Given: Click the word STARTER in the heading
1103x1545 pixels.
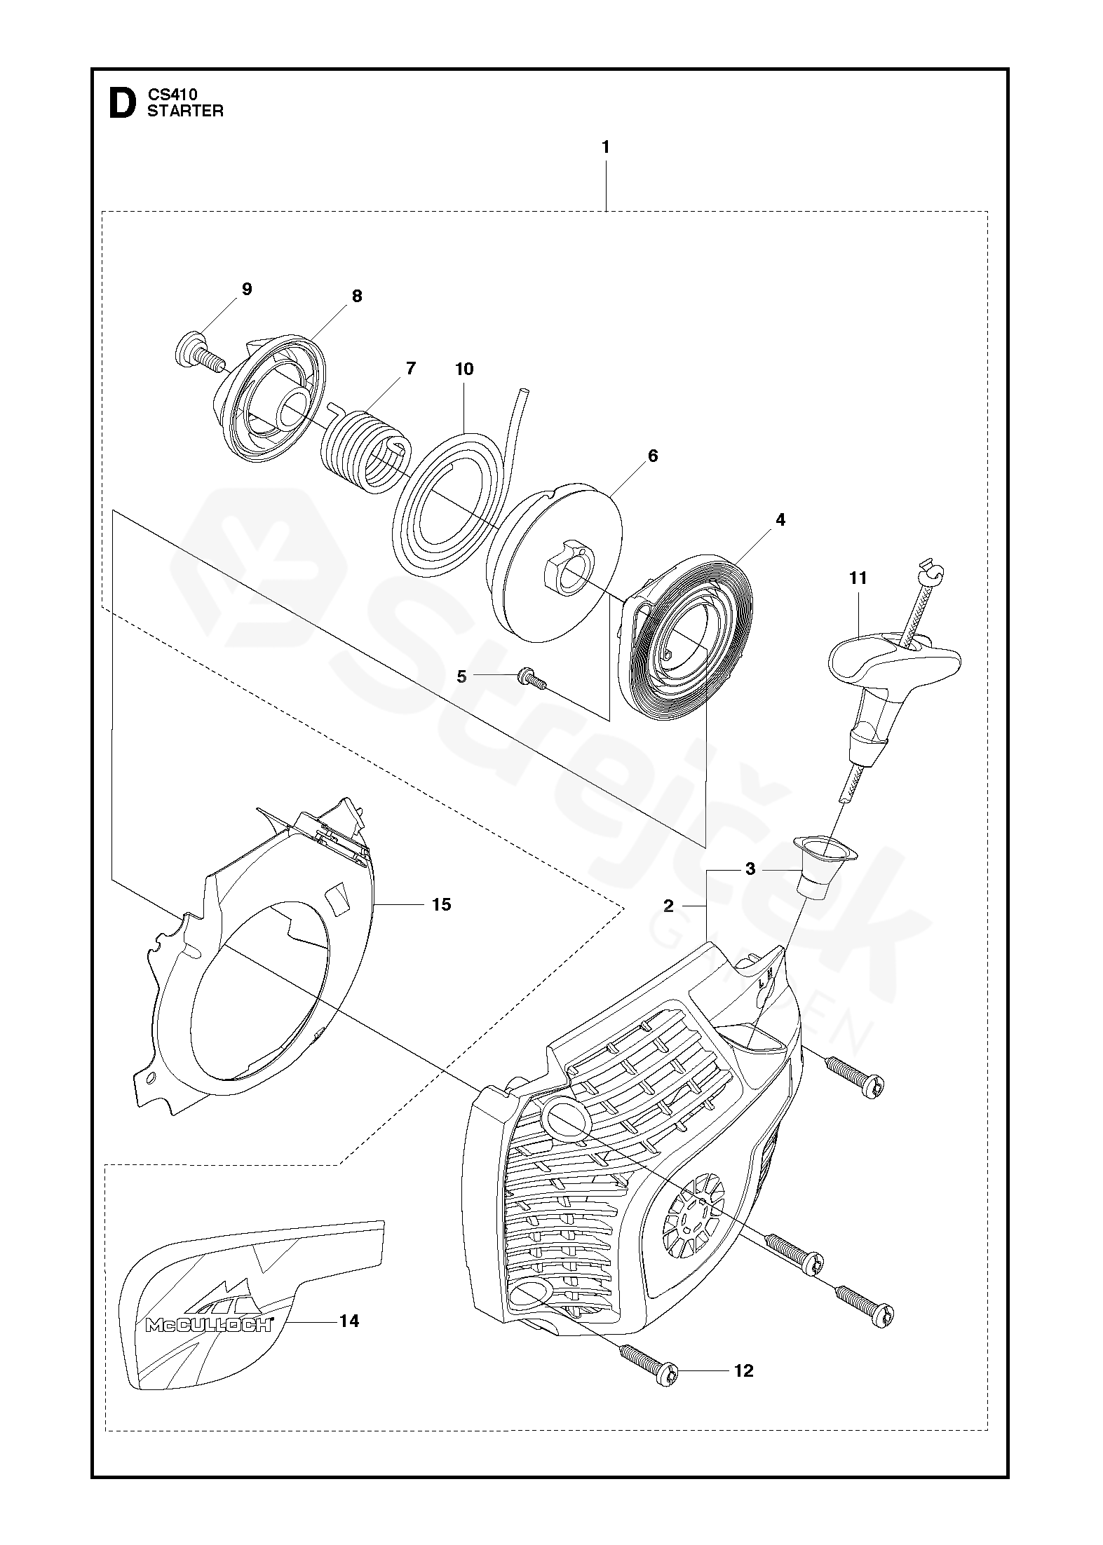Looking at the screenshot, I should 185,111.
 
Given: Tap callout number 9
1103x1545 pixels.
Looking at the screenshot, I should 246,290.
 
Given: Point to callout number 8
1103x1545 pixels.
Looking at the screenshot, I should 357,296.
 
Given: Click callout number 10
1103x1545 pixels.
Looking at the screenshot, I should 464,369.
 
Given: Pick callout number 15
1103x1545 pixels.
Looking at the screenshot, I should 441,905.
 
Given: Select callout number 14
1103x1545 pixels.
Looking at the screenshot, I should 349,1321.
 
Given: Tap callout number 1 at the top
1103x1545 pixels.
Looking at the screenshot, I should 605,148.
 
